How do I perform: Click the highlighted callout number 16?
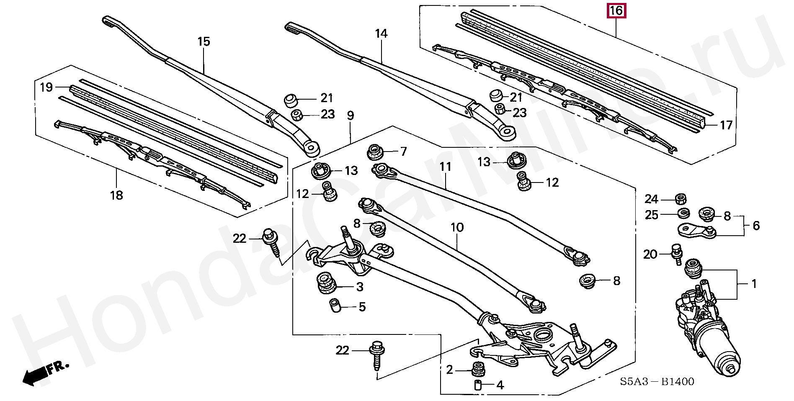point(616,11)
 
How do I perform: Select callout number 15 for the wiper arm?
point(204,42)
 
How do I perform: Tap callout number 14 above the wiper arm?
point(381,34)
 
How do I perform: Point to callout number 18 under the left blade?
point(117,195)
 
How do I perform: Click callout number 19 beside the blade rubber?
point(46,87)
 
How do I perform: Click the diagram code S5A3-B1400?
point(657,382)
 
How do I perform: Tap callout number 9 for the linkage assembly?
point(351,116)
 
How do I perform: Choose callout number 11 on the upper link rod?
point(445,167)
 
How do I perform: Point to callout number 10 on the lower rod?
point(457,228)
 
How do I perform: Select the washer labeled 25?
point(683,213)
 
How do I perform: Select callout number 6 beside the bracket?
point(756,226)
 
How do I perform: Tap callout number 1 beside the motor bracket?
point(754,284)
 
